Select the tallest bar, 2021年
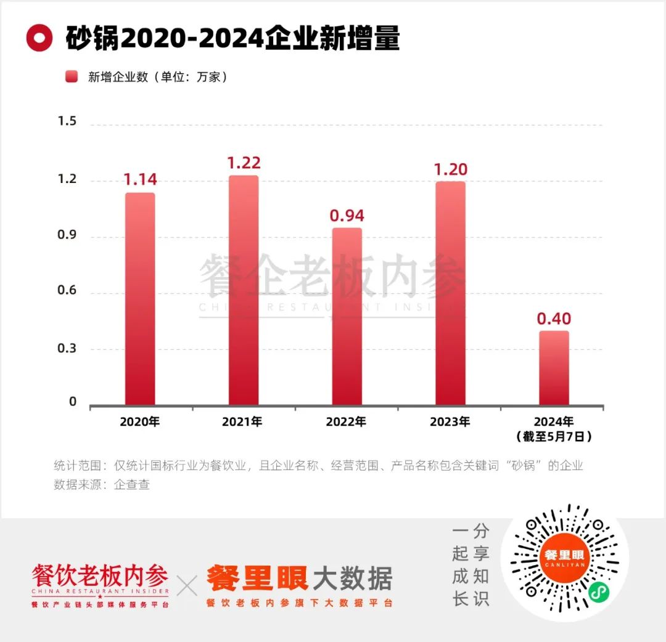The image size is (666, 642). [x=243, y=290]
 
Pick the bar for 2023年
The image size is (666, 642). [x=450, y=293]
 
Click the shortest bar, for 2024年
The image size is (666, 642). [x=554, y=368]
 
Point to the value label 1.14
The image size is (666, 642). [x=140, y=180]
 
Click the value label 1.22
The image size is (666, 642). [x=244, y=163]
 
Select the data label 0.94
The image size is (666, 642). [x=347, y=216]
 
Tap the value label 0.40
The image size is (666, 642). [x=554, y=319]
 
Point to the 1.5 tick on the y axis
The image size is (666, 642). [x=67, y=121]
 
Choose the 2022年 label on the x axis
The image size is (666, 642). [x=347, y=422]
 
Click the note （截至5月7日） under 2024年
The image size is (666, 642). [x=554, y=437]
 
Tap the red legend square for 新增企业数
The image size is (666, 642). [x=72, y=77]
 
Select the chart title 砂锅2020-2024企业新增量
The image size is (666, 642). [x=232, y=39]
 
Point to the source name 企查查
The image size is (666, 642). [x=132, y=485]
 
